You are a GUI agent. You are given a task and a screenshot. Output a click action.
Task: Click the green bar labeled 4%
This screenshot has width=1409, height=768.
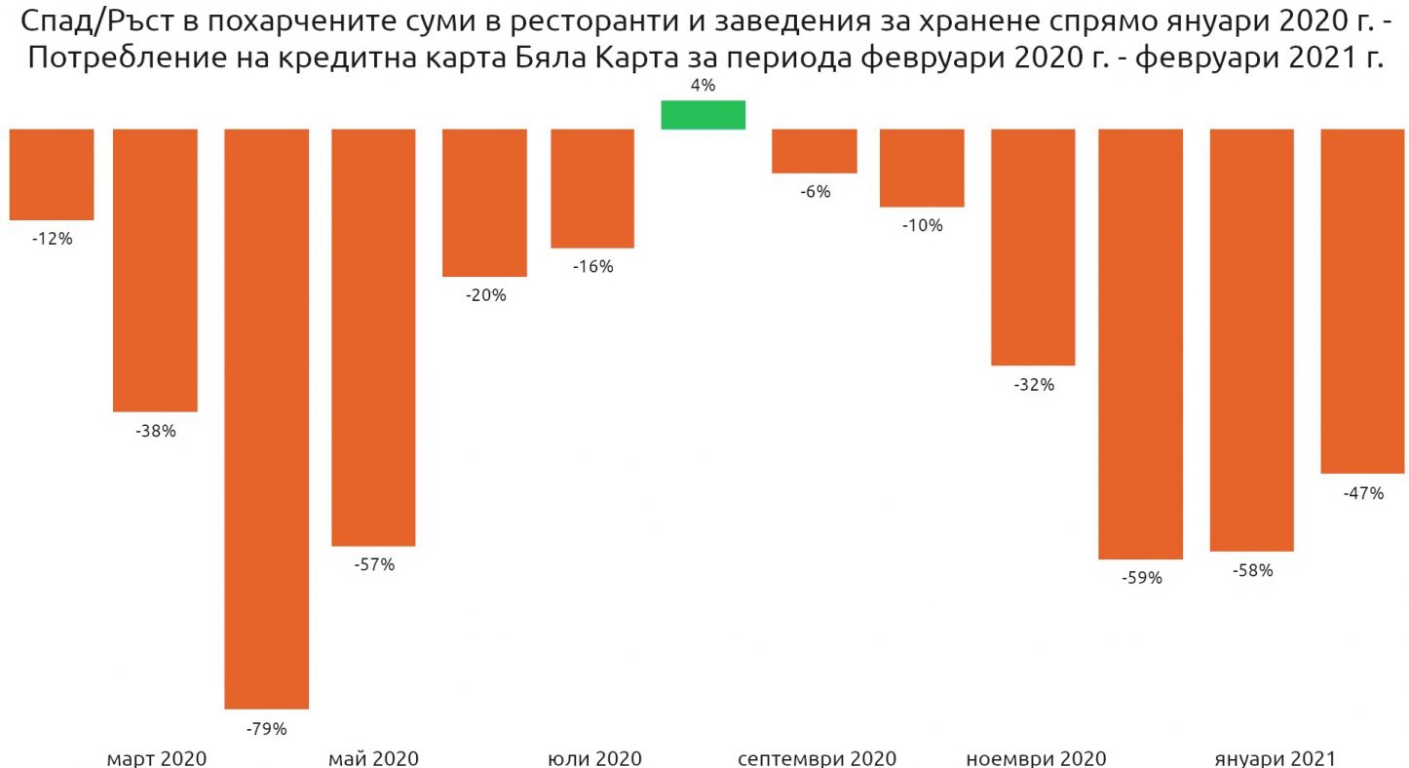tap(703, 114)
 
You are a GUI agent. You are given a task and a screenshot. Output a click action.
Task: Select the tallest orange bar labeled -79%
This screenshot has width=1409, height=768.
tap(266, 418)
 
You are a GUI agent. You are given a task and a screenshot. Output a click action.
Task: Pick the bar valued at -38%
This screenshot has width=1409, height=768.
tap(155, 269)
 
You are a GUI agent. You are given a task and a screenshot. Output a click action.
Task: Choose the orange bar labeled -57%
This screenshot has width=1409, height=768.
tap(373, 336)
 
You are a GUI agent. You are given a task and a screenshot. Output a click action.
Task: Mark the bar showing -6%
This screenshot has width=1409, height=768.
tap(814, 150)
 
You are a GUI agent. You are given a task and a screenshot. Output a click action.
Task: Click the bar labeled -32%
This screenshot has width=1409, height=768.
tap(1033, 247)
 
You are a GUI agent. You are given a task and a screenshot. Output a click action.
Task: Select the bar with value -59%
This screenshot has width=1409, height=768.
tap(1140, 343)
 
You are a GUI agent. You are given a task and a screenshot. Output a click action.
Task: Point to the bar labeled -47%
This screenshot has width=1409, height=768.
tap(1362, 300)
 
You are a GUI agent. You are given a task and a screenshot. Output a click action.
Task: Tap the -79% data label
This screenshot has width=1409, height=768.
tap(266, 728)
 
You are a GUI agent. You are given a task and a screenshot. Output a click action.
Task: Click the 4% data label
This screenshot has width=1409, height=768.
tap(703, 86)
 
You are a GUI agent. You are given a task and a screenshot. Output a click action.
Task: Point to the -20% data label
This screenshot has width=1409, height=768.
tap(484, 295)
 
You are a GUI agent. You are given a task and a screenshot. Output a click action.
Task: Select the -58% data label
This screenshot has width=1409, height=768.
tap(1251, 571)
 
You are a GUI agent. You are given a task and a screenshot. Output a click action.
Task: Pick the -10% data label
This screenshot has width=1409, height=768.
tap(922, 226)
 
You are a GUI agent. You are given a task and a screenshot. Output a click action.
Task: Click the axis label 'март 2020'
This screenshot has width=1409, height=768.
tap(156, 758)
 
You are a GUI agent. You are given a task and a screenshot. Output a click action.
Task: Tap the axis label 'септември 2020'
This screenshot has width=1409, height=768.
tap(817, 758)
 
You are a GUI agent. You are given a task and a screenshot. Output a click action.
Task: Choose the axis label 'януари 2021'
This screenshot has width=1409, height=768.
tap(1275, 758)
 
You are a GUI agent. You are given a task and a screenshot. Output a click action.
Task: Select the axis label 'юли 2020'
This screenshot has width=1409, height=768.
tap(594, 758)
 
